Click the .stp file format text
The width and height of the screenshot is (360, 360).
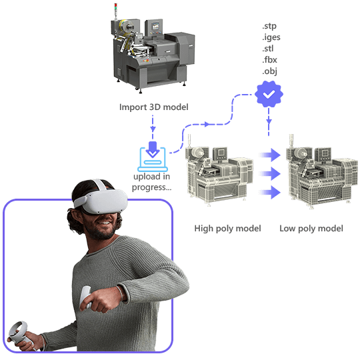tap(269, 26)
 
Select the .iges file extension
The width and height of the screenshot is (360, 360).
tap(271, 37)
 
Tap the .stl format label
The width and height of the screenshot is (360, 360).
tap(268, 49)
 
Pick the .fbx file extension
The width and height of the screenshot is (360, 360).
tap(269, 60)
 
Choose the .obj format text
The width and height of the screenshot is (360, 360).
tap(269, 71)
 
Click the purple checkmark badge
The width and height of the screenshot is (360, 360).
tap(269, 94)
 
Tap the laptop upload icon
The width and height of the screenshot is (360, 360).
tap(153, 157)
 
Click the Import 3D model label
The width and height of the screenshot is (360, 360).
tap(153, 107)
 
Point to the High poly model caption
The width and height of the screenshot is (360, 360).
tap(227, 229)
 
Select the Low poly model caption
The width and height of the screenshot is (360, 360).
tap(311, 229)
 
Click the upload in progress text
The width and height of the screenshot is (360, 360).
tap(152, 182)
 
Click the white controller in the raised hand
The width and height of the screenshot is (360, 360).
tap(85, 297)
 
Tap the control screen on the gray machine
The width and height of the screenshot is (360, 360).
tap(155, 26)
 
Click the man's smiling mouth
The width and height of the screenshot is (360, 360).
tap(105, 223)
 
